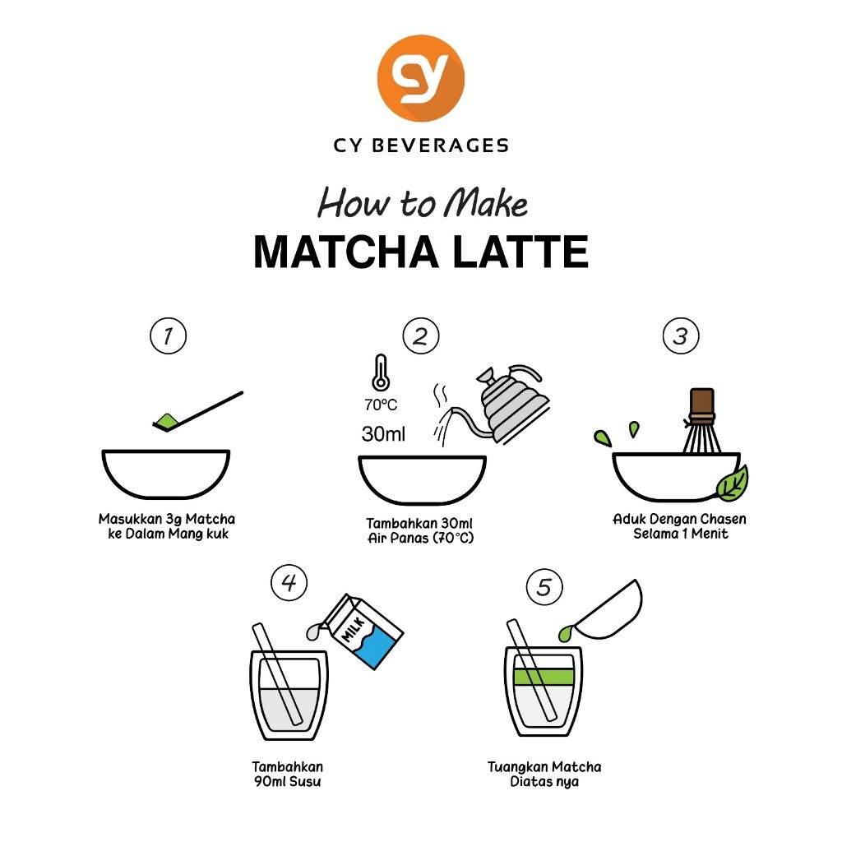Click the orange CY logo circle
[x=420, y=78]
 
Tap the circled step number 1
[x=168, y=336]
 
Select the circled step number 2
[x=421, y=336]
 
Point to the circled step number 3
[x=681, y=336]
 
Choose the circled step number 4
[x=289, y=583]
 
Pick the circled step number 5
[x=544, y=587]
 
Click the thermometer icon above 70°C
[x=381, y=372]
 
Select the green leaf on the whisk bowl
[x=733, y=483]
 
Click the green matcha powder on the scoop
[x=166, y=421]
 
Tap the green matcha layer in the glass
[x=544, y=677]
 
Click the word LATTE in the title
[x=520, y=252]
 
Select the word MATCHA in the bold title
[x=346, y=252]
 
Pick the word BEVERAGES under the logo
[x=441, y=146]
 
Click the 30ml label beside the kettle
[x=383, y=434]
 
